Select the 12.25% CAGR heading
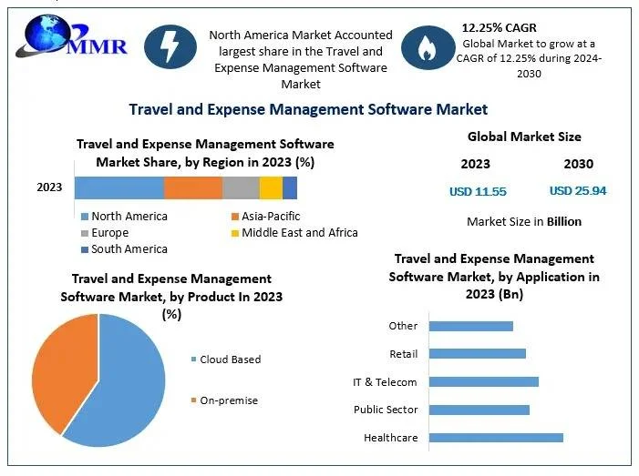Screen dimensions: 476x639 (500, 28)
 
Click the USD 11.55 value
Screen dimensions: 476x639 (478, 191)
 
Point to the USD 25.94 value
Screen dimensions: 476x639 (578, 191)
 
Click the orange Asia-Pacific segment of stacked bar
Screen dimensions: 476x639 (192, 187)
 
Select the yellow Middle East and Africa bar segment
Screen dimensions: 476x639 (271, 187)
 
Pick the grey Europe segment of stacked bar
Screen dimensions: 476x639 (241, 187)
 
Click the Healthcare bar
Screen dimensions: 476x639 (495, 438)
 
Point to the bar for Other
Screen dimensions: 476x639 (470, 326)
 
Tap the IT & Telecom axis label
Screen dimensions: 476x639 (385, 382)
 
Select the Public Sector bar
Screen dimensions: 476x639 (479, 410)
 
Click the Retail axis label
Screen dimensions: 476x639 (403, 353)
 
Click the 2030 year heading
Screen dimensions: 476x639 (578, 164)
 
